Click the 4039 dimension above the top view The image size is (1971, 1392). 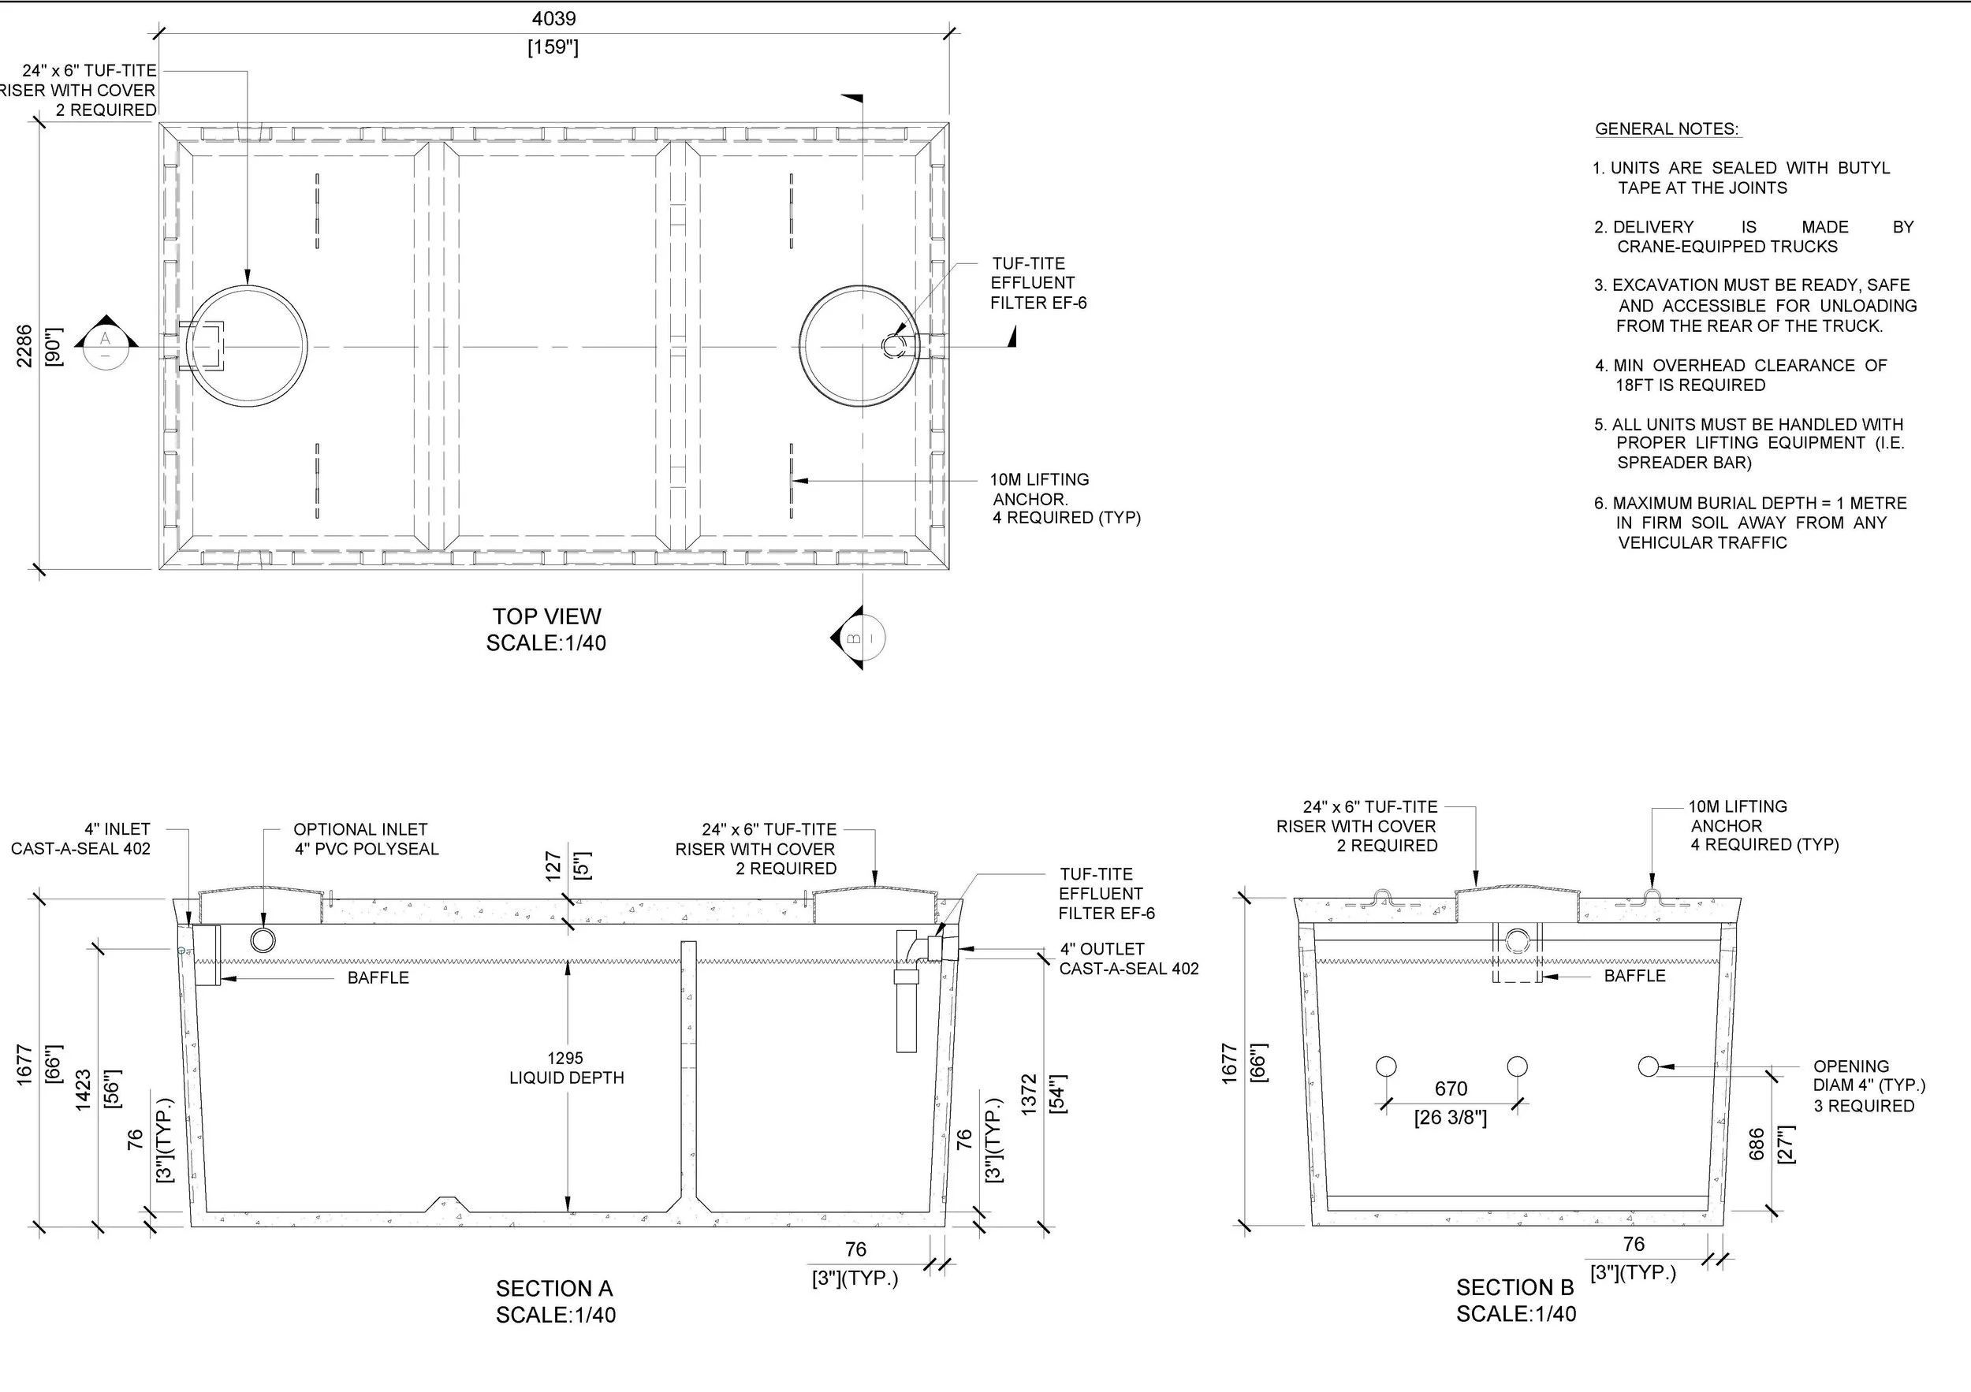[553, 19]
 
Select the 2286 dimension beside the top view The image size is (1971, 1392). [24, 346]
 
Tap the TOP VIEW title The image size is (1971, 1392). [547, 616]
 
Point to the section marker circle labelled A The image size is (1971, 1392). [106, 344]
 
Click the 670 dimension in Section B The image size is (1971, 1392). [1451, 1089]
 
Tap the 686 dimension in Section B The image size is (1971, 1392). [1757, 1144]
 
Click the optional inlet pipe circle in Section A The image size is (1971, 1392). [263, 940]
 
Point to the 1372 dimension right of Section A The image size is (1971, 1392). [1030, 1094]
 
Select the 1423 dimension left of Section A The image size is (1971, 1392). [84, 1090]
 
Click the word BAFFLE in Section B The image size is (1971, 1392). [1634, 976]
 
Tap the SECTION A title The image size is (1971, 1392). [554, 1288]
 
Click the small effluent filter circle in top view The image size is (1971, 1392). [893, 345]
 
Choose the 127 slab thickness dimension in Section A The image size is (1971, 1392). [553, 865]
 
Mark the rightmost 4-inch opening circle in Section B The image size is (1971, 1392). [1649, 1066]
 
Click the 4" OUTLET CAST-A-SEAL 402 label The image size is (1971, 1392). [1128, 958]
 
